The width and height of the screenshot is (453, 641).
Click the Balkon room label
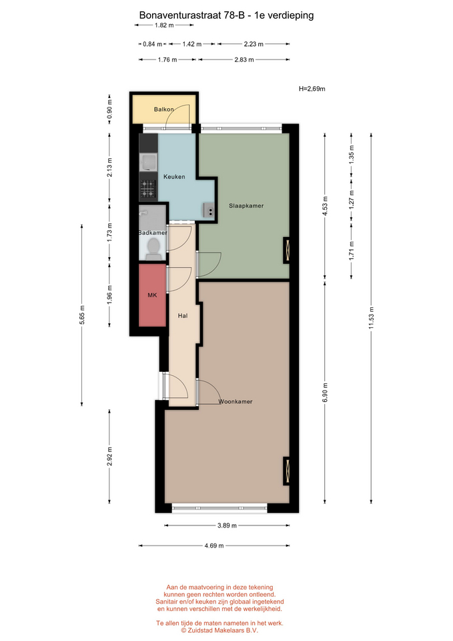(x=164, y=109)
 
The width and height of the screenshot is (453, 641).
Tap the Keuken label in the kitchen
(x=174, y=176)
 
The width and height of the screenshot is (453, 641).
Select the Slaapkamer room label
(x=246, y=206)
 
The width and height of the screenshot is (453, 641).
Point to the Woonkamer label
(x=236, y=401)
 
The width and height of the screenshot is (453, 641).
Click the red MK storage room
(x=152, y=295)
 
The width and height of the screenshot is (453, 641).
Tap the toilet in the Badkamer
(x=153, y=249)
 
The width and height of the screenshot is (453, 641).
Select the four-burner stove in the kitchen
(x=148, y=189)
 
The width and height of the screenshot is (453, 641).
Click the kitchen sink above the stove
(x=148, y=162)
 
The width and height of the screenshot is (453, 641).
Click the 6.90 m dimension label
(x=325, y=393)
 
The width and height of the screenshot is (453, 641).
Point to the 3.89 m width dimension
(x=227, y=525)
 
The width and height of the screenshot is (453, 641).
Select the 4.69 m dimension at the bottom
(x=214, y=546)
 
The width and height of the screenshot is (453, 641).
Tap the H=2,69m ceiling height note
(x=312, y=89)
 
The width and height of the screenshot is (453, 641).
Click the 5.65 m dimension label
(x=81, y=314)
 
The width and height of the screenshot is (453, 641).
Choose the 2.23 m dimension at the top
(x=254, y=44)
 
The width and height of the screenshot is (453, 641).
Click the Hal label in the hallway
(x=183, y=316)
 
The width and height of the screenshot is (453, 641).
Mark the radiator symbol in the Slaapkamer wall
(x=287, y=250)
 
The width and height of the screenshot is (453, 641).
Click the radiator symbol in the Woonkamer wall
(x=287, y=470)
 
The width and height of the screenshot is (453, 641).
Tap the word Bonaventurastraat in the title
(x=180, y=15)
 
